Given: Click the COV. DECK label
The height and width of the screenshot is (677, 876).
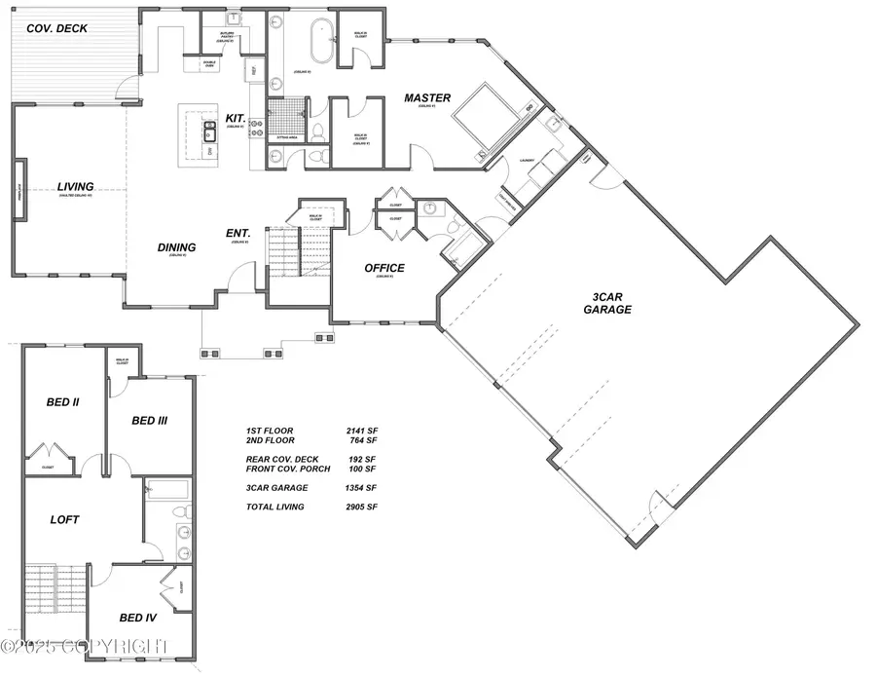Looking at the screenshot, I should pyautogui.click(x=50, y=28).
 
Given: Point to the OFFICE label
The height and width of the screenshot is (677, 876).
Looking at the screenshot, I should pyautogui.click(x=383, y=268).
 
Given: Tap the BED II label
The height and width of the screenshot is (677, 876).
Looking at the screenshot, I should pyautogui.click(x=62, y=401).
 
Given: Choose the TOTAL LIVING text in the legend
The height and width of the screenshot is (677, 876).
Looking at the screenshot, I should pyautogui.click(x=276, y=507).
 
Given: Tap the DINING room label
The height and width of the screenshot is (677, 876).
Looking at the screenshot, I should pyautogui.click(x=177, y=247).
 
